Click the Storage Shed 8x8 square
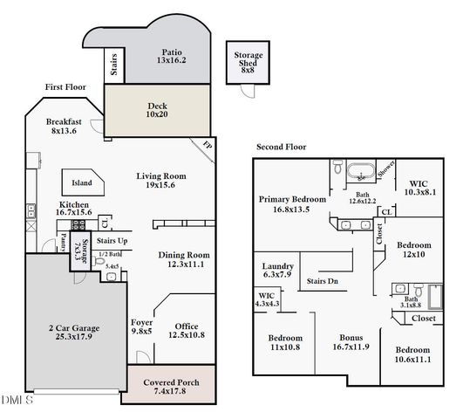point(248,62)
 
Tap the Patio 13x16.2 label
point(171,56)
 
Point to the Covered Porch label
point(171,387)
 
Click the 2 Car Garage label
point(74,333)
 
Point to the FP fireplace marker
point(207,144)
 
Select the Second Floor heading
point(281,147)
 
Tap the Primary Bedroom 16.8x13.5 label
point(292,204)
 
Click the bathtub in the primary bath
point(360,171)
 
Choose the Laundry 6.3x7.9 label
point(278,271)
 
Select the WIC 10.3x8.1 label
point(423,188)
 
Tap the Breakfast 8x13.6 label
point(65,127)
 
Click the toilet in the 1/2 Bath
point(99,261)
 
